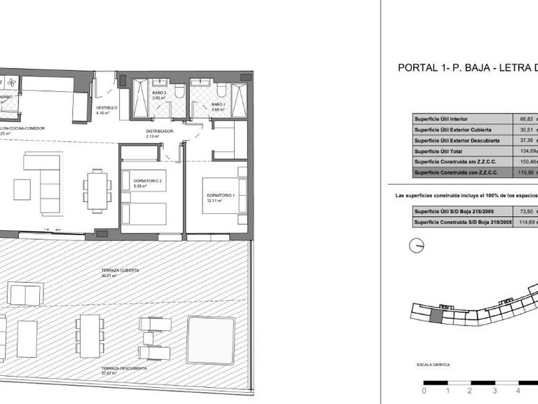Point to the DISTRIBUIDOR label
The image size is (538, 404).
[158, 131]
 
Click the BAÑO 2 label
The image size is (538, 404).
[158, 93]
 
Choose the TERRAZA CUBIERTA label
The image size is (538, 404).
[120, 270]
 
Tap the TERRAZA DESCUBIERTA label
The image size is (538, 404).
[123, 368]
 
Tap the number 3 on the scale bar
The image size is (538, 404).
[495, 390]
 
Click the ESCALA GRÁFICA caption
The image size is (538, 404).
[432, 365]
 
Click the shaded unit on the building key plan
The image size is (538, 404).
[436, 316]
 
